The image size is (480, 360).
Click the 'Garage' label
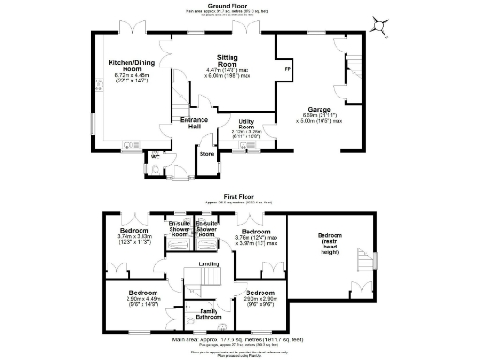point(319,108)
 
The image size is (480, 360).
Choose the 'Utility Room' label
point(247,123)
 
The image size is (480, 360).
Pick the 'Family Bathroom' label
point(210,314)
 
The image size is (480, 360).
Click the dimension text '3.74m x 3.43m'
point(134,236)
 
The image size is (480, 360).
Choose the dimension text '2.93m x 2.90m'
point(256,299)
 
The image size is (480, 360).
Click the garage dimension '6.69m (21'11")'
point(319,115)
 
